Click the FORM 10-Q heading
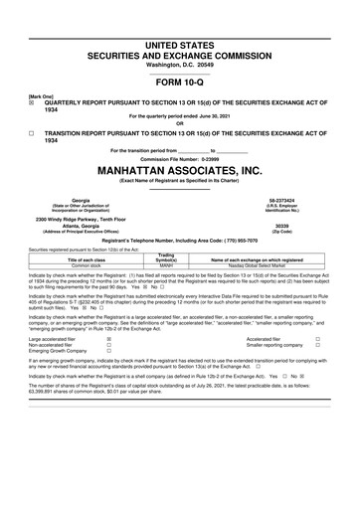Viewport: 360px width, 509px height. [179, 83]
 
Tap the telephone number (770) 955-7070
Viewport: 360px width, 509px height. [244, 241]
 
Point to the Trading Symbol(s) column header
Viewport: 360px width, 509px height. [167, 258]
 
